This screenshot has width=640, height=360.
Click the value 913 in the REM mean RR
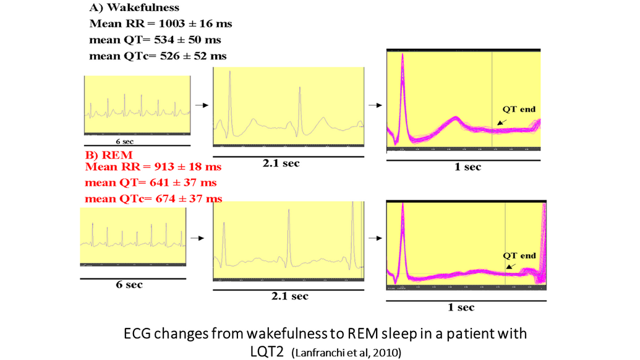pyautogui.click(x=155, y=167)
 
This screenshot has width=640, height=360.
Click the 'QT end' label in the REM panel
pyautogui.click(x=518, y=255)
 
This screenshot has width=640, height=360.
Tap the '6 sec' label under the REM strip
pyautogui.click(x=130, y=285)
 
